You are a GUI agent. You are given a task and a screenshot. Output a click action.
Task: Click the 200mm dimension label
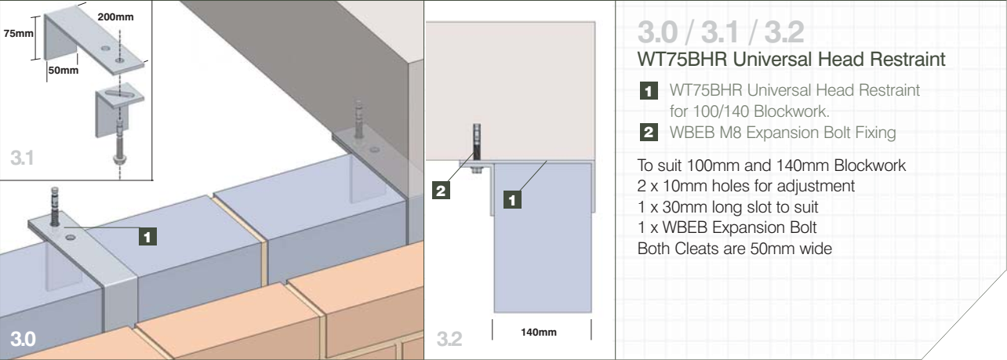(115, 17)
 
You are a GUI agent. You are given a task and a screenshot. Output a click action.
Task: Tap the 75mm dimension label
(19, 33)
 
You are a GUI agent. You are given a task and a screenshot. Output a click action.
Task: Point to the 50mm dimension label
(64, 70)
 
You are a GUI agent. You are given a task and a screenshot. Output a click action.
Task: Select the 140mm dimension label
(539, 332)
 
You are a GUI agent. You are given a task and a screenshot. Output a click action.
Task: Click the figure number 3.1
(22, 158)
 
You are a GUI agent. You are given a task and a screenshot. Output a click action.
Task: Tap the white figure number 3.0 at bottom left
(23, 338)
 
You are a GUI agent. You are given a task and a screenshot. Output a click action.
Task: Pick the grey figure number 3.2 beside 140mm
(449, 338)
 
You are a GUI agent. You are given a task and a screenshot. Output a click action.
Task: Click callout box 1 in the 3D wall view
(148, 237)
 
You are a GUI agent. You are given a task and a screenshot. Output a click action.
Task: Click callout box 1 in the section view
(512, 199)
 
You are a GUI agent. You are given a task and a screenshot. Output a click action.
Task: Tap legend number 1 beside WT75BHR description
(649, 91)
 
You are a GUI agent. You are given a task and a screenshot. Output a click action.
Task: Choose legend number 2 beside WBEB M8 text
(649, 132)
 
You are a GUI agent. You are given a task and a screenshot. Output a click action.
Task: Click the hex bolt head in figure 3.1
(119, 158)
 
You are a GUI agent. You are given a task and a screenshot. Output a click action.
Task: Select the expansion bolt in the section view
(477, 147)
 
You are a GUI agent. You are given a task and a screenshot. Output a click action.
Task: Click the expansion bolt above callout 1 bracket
(55, 206)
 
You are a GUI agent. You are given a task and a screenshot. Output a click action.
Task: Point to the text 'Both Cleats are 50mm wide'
(735, 249)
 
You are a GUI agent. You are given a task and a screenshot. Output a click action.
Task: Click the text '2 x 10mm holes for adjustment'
(746, 186)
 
